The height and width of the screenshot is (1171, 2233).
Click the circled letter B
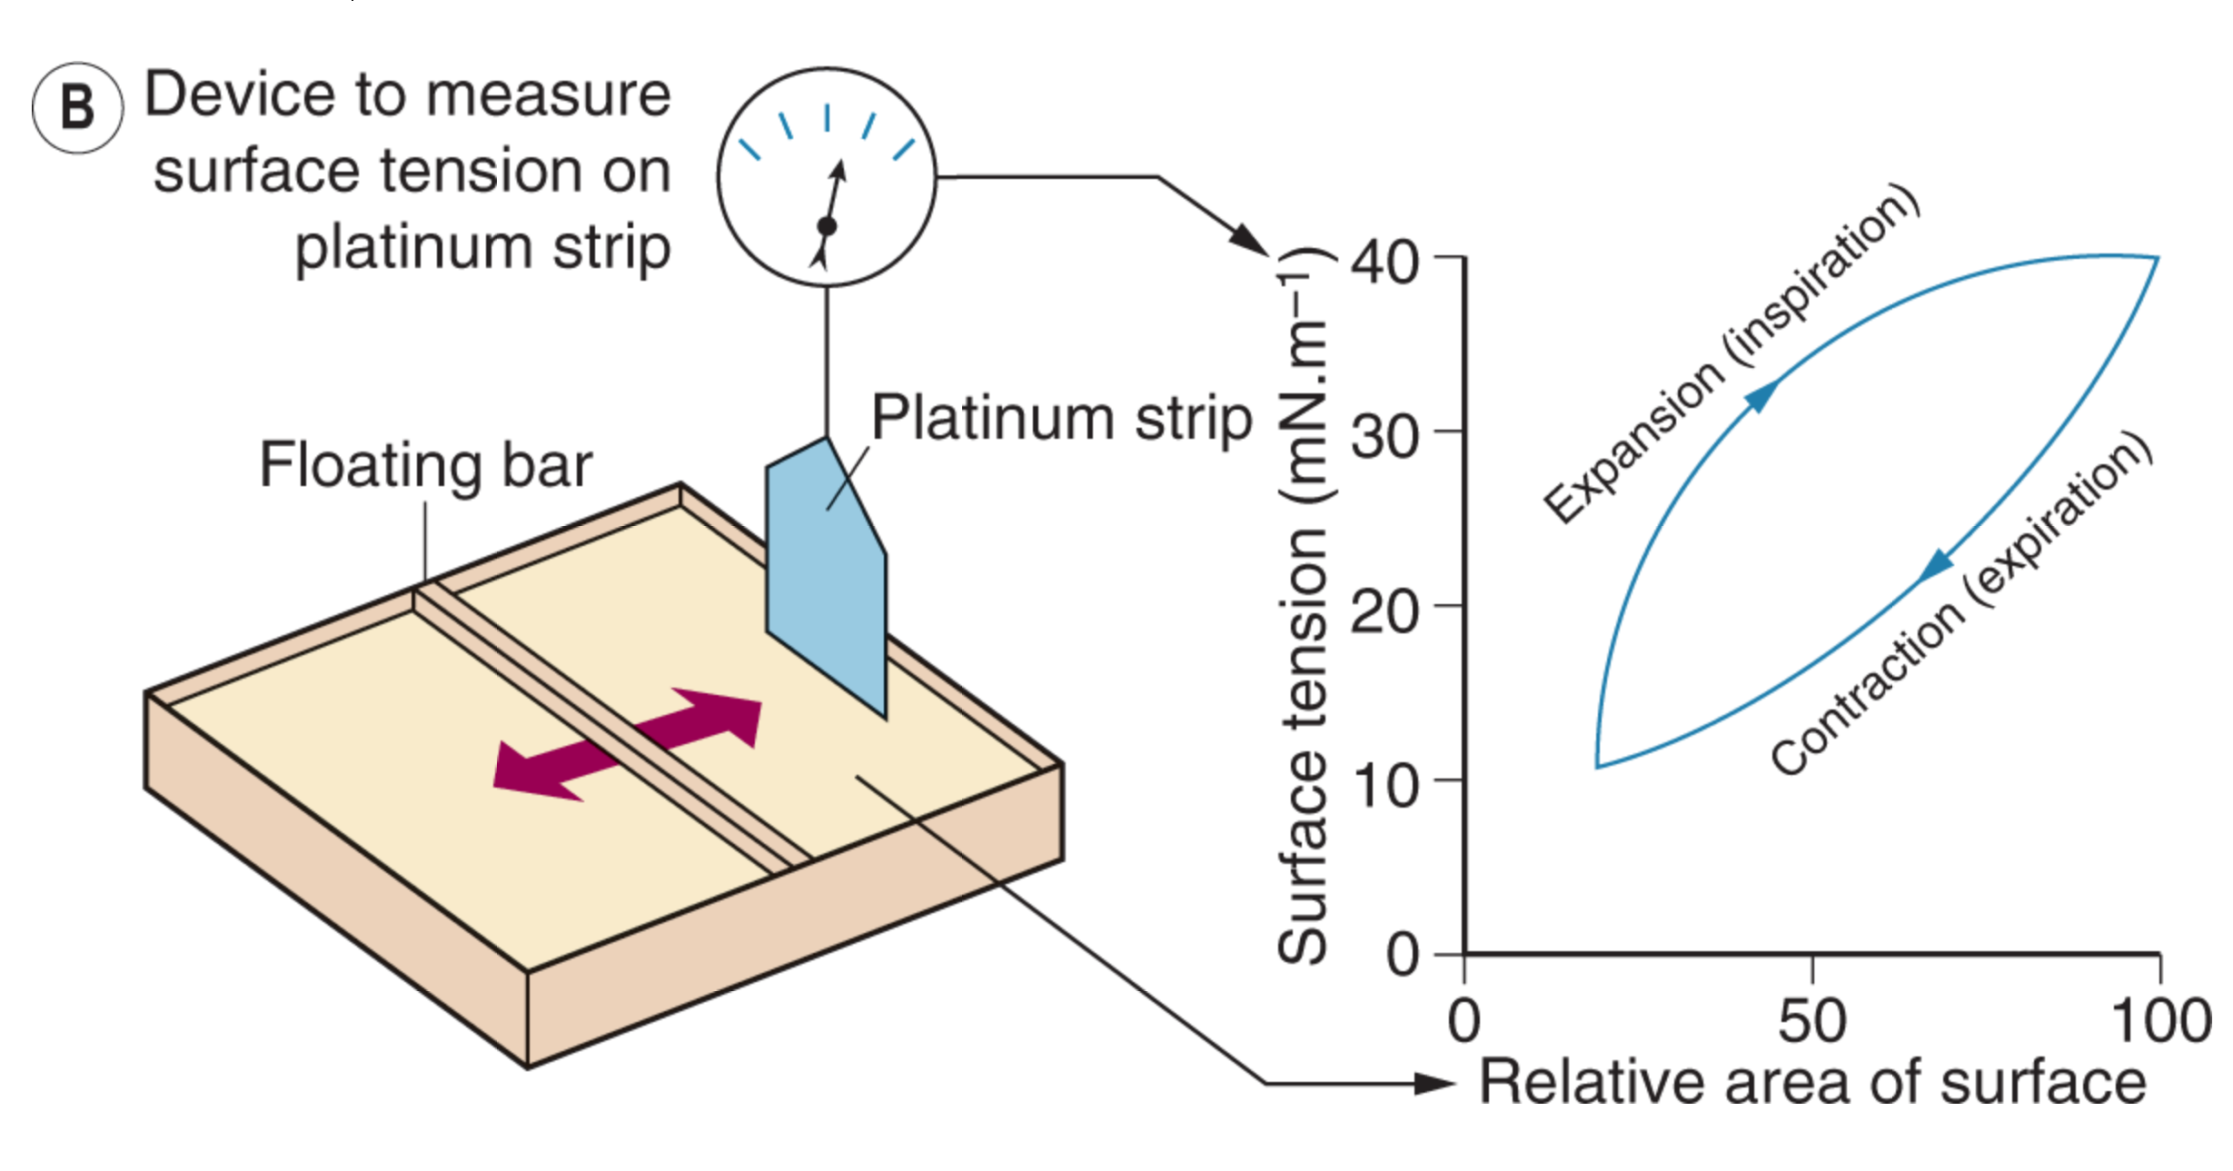click(77, 107)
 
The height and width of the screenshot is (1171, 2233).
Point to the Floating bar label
click(425, 465)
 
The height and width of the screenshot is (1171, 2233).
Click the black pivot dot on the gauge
click(827, 226)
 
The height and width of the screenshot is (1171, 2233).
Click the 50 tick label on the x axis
click(1811, 1021)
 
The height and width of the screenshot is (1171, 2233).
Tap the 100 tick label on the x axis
click(2160, 1021)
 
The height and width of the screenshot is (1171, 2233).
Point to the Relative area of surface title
click(1812, 1083)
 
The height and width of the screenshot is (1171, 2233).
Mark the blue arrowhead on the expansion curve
click(1762, 396)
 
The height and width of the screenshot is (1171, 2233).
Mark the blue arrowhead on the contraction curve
click(1935, 567)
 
